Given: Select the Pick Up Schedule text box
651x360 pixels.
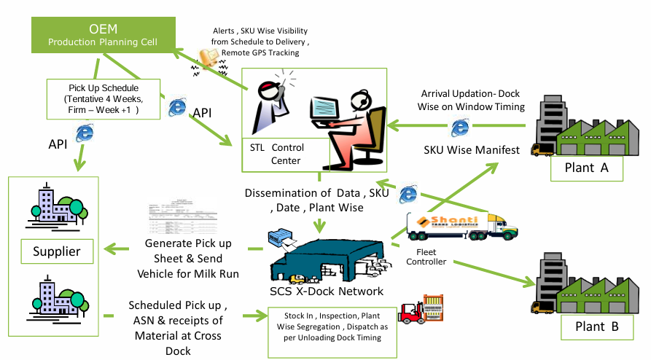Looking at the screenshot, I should (x=102, y=98).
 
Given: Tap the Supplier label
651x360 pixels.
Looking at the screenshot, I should (x=56, y=252).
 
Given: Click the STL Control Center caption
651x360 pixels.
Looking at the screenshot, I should (x=277, y=154).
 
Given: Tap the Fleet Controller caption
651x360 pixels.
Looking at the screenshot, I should (x=426, y=257).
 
